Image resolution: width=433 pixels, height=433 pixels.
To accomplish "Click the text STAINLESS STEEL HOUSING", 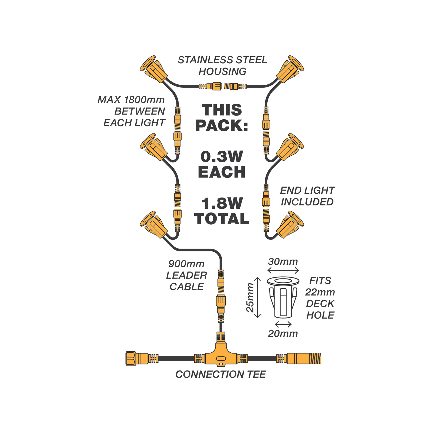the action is [x=222, y=66].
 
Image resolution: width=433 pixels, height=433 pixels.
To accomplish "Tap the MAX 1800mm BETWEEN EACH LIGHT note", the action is [x=131, y=111].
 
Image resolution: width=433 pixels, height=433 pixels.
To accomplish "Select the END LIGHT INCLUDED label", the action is [x=307, y=196].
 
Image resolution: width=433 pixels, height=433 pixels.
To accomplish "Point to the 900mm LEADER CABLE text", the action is [x=186, y=275].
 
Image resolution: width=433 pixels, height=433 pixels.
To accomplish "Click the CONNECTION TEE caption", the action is [x=221, y=374].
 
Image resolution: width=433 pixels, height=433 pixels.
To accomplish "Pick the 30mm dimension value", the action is [x=283, y=262].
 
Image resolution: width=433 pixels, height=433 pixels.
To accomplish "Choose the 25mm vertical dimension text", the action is [x=250, y=297].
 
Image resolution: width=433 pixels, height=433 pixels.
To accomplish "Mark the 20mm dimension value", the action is [x=283, y=333].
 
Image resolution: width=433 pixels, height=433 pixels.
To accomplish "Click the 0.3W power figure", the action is [x=222, y=157].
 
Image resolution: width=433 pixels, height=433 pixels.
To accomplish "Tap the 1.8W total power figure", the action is [x=222, y=204].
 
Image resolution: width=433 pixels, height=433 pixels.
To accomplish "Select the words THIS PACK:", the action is [x=222, y=118].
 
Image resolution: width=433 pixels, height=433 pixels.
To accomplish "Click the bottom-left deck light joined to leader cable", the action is [x=153, y=224].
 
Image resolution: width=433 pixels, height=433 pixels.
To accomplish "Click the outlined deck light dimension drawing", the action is [x=283, y=297].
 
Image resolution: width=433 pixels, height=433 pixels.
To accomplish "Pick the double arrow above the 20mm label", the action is [x=283, y=324].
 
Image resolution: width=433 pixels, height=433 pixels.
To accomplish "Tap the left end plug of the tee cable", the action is [x=137, y=358].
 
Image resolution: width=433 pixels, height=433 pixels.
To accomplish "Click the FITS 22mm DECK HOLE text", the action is [x=320, y=298].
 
